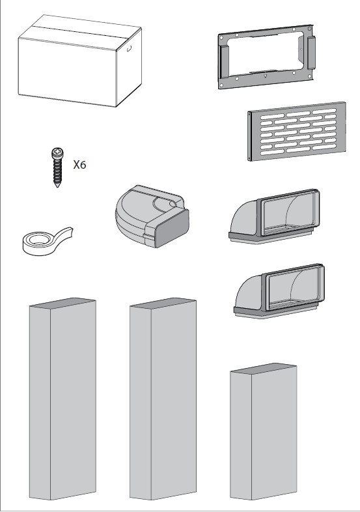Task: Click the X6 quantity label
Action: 79,165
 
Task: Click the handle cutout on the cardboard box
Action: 130,49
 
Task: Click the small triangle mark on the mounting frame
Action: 266,76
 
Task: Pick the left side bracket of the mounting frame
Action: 224,62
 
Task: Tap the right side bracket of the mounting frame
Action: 311,52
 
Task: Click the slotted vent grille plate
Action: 297,132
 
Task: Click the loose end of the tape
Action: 66,233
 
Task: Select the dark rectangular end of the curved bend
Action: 173,227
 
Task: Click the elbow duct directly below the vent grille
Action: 274,216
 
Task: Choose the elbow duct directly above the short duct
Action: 279,291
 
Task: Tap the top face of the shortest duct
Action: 264,369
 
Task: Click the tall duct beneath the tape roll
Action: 62,399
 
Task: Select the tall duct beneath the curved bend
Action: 163,399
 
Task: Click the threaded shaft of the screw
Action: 57,171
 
